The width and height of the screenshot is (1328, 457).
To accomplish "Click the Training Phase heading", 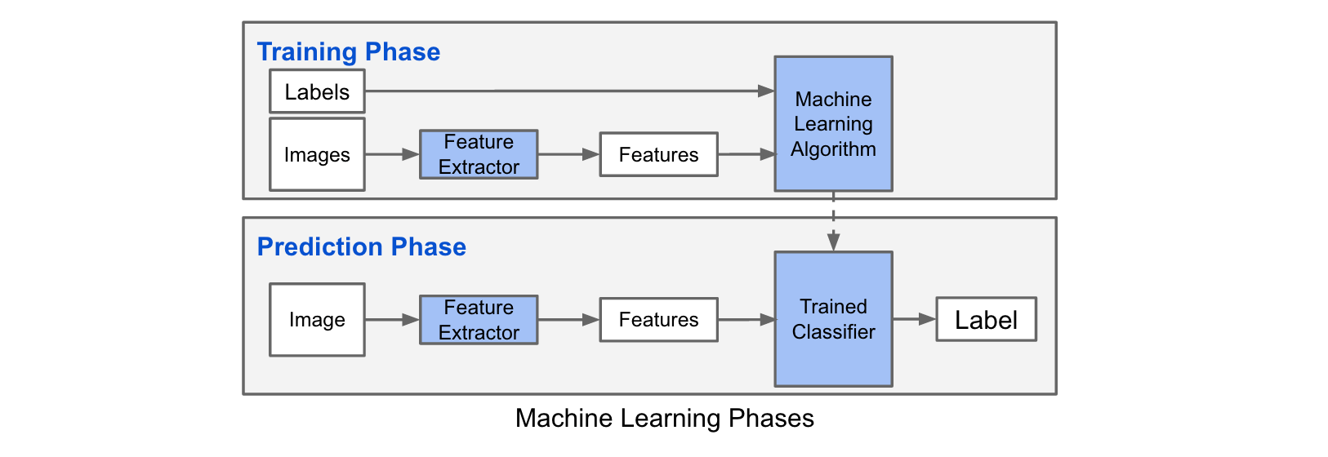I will coord(349,52).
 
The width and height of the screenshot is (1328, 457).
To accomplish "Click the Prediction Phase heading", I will coord(361,247).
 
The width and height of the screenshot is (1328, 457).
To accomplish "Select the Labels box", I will coord(317,91).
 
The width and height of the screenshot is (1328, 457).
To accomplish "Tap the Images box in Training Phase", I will coord(317,154).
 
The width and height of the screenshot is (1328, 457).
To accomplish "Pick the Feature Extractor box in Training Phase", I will coord(479,154).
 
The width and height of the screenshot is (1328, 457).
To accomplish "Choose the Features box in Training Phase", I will coord(658,154).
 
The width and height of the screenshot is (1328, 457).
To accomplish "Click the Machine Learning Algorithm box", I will coord(833,123).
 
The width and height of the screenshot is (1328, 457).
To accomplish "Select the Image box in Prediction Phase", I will coord(317,320).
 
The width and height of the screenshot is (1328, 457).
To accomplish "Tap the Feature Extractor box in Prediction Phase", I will coord(479,320).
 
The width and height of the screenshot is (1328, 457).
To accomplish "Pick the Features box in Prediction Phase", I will coord(658,320).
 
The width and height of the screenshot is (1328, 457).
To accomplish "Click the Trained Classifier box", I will coord(833,319).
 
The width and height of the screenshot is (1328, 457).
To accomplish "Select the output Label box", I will coord(986,319).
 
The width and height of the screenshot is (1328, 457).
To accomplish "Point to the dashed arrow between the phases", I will coord(833,221).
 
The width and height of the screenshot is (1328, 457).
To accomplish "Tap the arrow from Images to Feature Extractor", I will coord(392,154).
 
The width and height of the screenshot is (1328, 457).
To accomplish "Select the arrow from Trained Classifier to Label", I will coord(914,319).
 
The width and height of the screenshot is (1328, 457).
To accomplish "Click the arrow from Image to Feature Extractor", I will coord(392,320).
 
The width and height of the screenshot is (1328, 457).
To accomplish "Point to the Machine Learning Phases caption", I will coord(664,419).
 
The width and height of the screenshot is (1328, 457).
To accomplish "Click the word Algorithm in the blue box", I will coord(833,149).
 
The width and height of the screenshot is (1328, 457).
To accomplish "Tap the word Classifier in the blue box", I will coord(833,332).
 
